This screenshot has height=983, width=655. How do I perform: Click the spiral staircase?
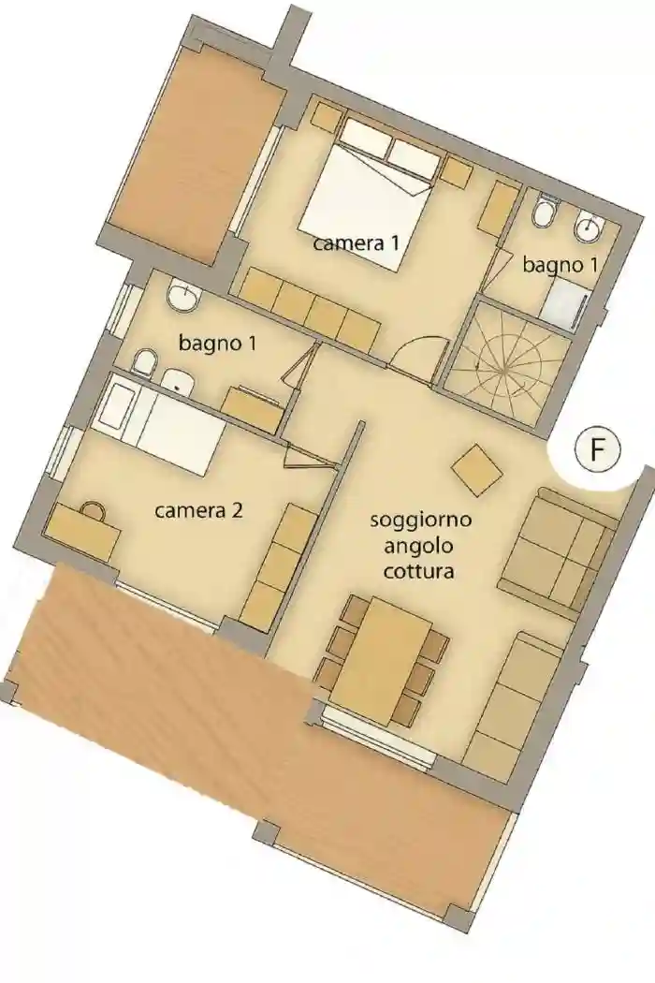pyautogui.click(x=506, y=360)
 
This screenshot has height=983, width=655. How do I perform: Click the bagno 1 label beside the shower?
pyautogui.click(x=560, y=265)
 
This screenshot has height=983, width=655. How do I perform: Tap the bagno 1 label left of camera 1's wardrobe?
pyautogui.click(x=217, y=344)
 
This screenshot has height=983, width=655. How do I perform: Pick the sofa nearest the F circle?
pyautogui.click(x=558, y=552)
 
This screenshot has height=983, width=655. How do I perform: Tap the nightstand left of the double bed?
pyautogui.click(x=327, y=117)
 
